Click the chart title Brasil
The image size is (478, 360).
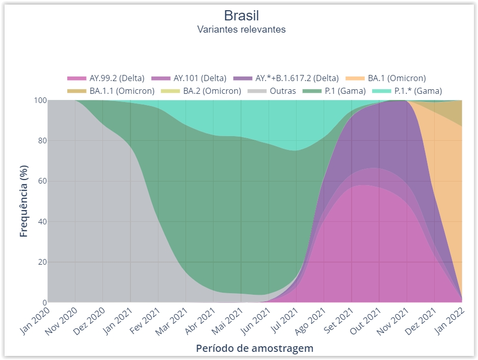tap(241, 15)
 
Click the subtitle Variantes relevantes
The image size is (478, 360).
tap(241, 29)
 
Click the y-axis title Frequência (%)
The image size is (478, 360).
tap(24, 201)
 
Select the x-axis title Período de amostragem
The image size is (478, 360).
tap(254, 349)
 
